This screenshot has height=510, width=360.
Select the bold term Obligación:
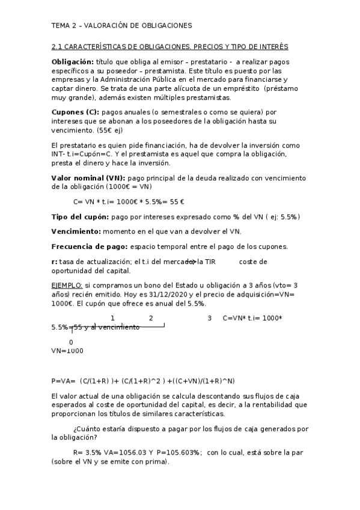(x=73, y=62)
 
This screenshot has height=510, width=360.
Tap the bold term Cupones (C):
(x=76, y=112)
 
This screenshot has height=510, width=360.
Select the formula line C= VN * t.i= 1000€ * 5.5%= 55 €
(x=129, y=201)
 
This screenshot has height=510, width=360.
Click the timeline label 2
(x=151, y=318)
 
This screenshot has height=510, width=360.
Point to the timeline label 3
(x=209, y=318)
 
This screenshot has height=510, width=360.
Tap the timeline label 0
(x=72, y=342)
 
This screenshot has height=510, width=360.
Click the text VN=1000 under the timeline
(x=67, y=351)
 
